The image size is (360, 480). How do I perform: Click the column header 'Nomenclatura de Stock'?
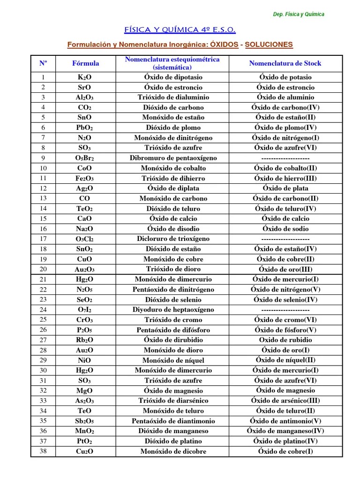click(285, 63)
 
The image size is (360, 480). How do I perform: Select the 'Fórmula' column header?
click(85, 63)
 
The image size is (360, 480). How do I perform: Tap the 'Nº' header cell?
click(43, 63)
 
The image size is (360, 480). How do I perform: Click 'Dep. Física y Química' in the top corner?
click(299, 14)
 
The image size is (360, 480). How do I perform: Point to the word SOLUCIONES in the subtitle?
click(269, 45)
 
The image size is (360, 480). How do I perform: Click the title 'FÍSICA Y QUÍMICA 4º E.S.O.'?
click(180, 30)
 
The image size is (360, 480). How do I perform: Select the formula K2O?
click(85, 77)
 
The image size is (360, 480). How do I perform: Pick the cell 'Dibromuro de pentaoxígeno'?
click(173, 158)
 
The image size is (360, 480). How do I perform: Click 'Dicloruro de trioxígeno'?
click(173, 239)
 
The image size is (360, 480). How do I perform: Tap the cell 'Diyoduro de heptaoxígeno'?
click(173, 309)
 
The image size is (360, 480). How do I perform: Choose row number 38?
click(43, 451)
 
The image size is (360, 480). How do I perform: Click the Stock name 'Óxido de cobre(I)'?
click(285, 451)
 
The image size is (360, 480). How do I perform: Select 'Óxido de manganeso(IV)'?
click(285, 431)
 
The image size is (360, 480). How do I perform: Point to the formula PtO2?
click(85, 441)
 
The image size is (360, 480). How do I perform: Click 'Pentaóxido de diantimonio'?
click(173, 421)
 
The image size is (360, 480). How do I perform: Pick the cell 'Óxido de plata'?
click(285, 188)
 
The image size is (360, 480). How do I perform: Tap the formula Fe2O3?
click(85, 178)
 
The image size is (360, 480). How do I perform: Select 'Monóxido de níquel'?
click(173, 360)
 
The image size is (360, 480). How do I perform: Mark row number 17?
click(43, 239)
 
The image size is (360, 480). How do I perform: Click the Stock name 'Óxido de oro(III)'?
click(285, 269)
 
